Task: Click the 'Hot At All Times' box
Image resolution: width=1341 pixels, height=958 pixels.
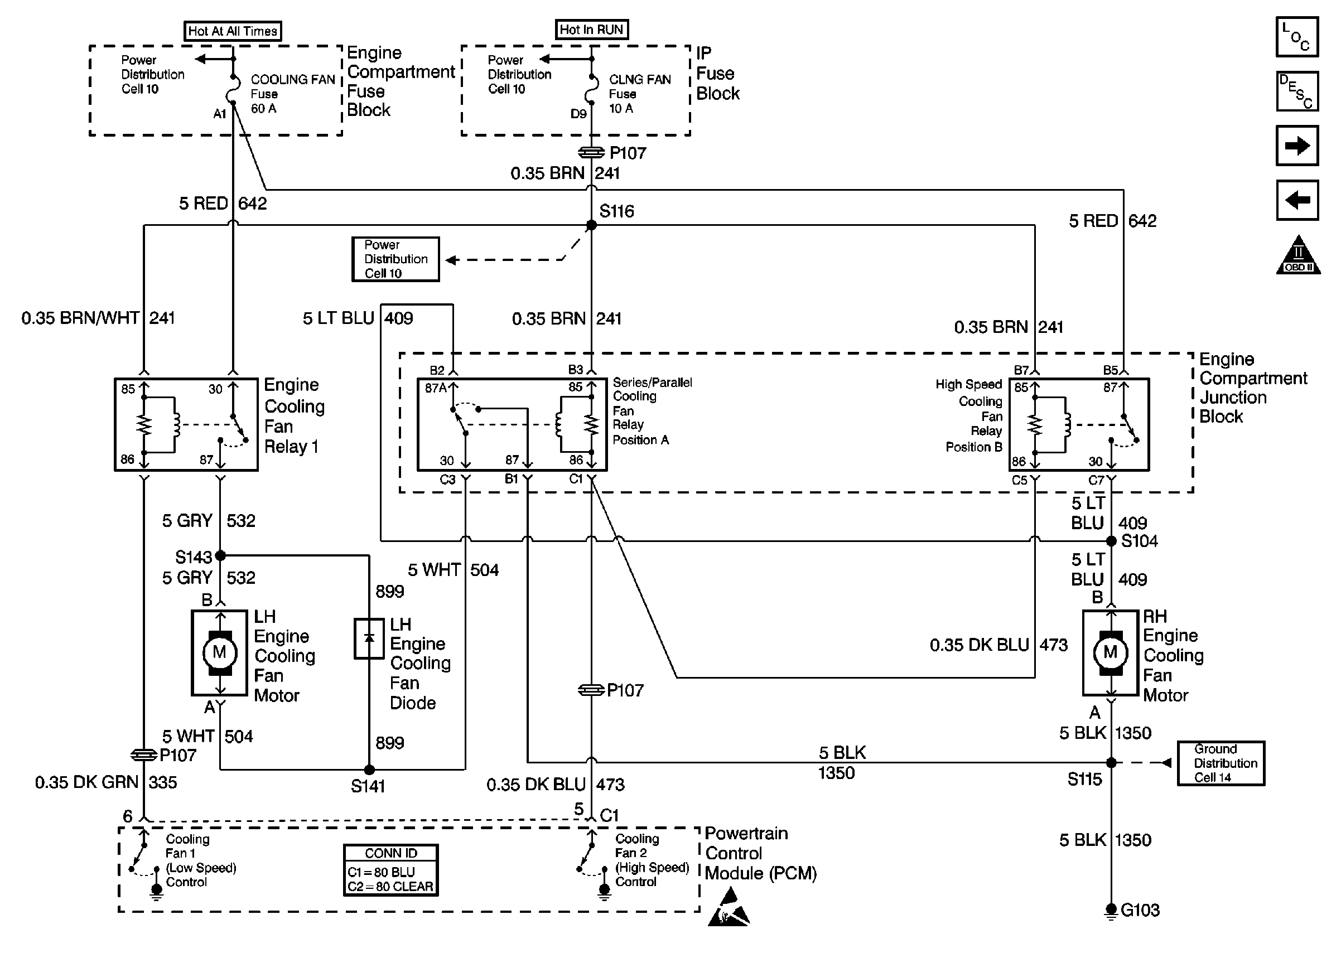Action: click(x=233, y=31)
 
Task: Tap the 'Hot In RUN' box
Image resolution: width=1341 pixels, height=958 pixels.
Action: click(x=591, y=30)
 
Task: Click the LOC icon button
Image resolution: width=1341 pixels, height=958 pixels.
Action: click(x=1297, y=37)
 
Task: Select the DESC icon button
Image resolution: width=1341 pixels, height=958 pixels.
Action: click(x=1297, y=91)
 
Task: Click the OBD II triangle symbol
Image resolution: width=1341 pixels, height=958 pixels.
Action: click(x=1298, y=257)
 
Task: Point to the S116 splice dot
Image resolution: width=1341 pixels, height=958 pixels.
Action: click(x=591, y=225)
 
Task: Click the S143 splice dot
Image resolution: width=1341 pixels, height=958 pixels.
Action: click(x=220, y=555)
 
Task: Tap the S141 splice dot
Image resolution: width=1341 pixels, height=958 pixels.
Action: click(x=369, y=769)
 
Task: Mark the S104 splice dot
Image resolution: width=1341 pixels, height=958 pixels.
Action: click(x=1111, y=541)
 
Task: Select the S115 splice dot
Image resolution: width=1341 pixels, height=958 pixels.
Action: click(x=1111, y=762)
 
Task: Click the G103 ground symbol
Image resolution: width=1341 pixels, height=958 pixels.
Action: click(x=1111, y=910)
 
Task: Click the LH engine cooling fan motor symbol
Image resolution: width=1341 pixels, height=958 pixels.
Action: click(x=219, y=652)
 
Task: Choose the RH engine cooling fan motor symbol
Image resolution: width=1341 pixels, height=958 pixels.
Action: click(x=1110, y=652)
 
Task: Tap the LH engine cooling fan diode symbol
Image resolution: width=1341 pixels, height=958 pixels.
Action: click(x=369, y=638)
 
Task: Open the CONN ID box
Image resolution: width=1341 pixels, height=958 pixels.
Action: click(x=390, y=870)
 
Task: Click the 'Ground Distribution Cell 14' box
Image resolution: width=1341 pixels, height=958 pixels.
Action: click(x=1221, y=763)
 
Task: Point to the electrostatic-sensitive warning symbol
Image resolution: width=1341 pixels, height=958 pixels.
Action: click(x=729, y=909)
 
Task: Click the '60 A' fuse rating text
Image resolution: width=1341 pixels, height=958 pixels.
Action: click(x=264, y=109)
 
